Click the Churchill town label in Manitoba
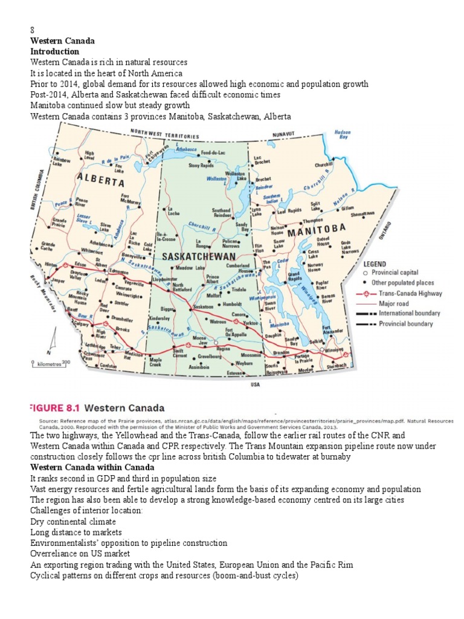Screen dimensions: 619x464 324,165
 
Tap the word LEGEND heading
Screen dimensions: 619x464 375,264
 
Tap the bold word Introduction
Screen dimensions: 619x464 55,52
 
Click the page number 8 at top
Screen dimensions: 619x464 33,31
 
